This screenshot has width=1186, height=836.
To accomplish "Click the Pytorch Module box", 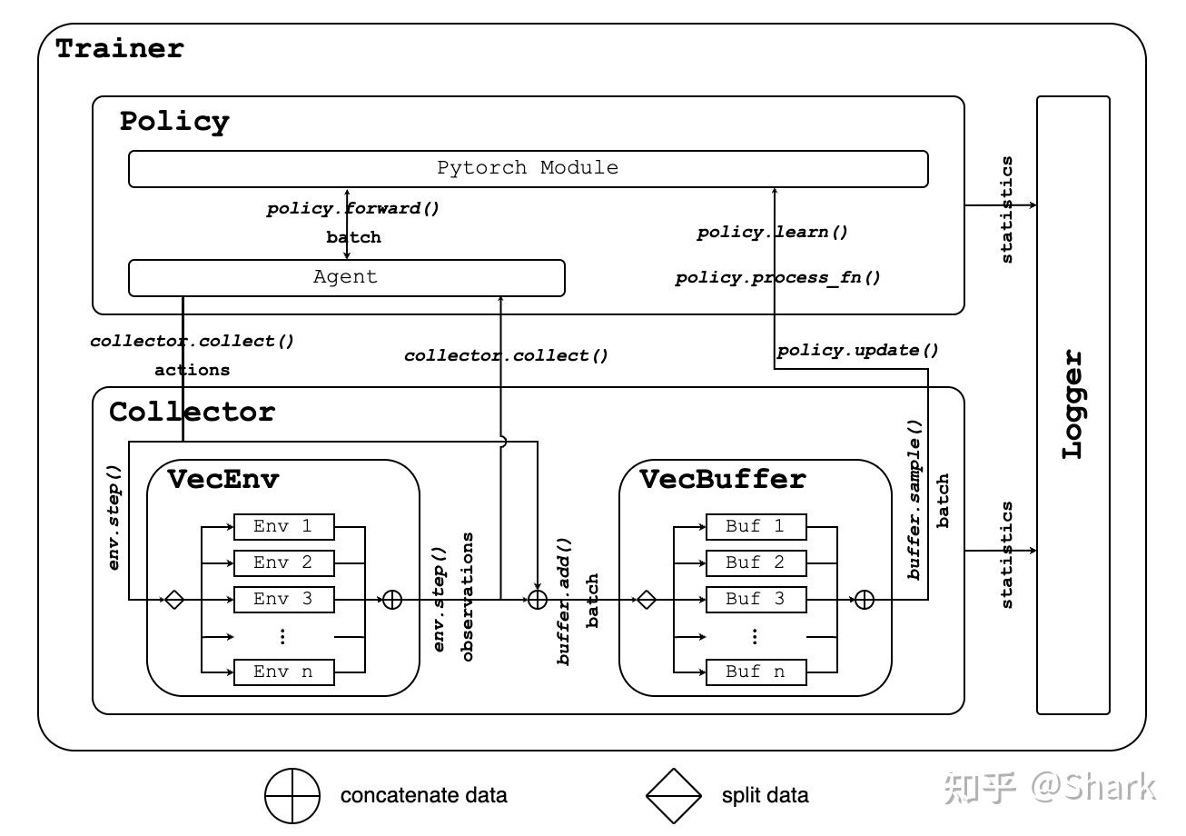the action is [529, 169].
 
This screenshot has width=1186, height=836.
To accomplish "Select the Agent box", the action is [347, 278].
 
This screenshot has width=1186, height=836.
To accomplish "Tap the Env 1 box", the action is [284, 527].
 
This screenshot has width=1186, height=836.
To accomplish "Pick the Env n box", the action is [284, 672].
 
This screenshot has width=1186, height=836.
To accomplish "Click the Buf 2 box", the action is [756, 563].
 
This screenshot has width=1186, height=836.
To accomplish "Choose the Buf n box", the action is [756, 672].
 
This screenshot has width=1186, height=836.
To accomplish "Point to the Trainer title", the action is [120, 49].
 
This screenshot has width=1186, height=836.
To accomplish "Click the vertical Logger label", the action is [1072, 405].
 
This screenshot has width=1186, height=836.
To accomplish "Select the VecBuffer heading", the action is [723, 480].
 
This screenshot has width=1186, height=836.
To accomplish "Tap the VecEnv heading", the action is [222, 480].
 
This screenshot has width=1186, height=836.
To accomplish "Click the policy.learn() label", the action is [773, 232].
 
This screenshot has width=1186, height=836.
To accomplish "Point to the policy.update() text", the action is [858, 350].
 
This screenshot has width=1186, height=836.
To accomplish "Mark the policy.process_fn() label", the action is [777, 278].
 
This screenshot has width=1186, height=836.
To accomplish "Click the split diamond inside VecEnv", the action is [174, 600].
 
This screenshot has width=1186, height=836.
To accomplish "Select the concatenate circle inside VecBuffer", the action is [865, 600].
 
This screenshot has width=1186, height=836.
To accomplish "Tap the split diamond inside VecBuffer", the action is [647, 600].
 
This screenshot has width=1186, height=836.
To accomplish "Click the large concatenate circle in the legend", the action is [292, 796].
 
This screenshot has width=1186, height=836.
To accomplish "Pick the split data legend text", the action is [765, 796].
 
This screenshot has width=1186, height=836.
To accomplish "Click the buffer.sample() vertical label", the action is [914, 500].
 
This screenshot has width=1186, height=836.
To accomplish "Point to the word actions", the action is [193, 370].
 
